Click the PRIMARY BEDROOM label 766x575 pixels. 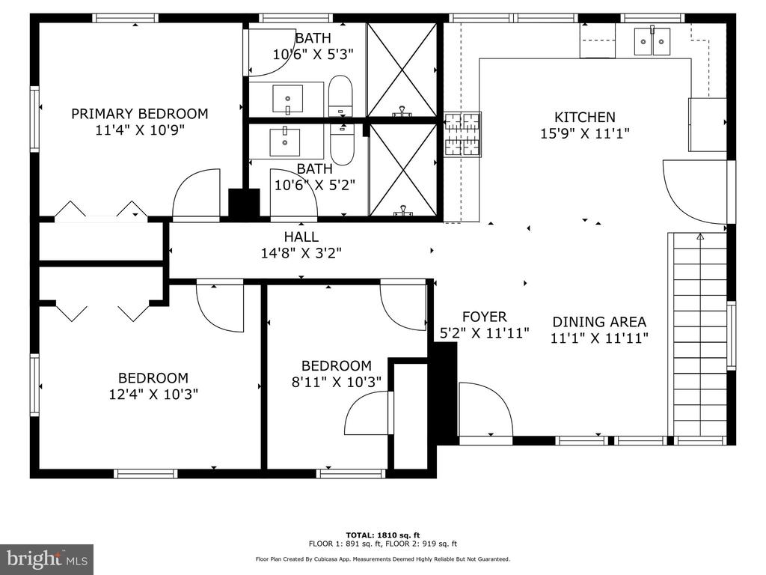[x=140, y=114]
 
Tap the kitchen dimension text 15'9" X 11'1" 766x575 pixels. [x=585, y=133]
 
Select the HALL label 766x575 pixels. [x=301, y=237]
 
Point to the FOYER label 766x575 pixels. [x=485, y=317]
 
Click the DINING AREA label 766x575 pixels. [x=599, y=322]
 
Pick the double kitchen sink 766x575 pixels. [x=652, y=41]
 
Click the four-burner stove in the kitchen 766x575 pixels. [x=462, y=135]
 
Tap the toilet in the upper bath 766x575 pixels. [x=340, y=96]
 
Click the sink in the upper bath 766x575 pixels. [x=287, y=100]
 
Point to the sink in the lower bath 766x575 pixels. [x=285, y=142]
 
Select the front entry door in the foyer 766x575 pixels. [x=485, y=410]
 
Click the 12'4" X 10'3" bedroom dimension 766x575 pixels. [x=153, y=394]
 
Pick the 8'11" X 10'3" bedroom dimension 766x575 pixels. [x=337, y=382]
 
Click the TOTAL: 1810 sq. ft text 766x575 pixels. [x=383, y=535]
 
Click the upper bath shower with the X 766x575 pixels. [x=402, y=70]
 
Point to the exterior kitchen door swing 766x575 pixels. [x=695, y=192]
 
